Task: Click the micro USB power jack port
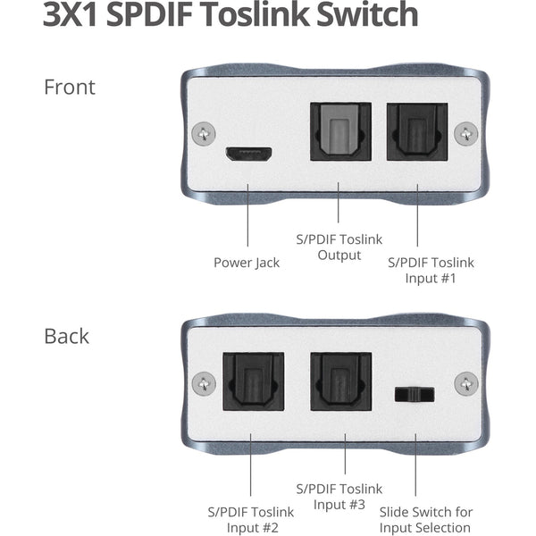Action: tap(248, 155)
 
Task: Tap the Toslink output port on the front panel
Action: tap(340, 131)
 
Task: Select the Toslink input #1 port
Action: tap(417, 131)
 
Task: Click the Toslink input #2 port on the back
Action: tap(254, 381)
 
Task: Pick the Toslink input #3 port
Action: tap(341, 381)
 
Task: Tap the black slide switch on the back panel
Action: tap(415, 395)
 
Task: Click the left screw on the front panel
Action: tap(204, 134)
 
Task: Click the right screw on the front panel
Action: tap(466, 134)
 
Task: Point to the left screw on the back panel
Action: tap(204, 383)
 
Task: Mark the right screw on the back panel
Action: tap(466, 383)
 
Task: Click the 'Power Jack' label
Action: tap(247, 263)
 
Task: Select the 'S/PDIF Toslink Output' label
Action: tap(339, 247)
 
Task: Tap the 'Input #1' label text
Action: tap(431, 278)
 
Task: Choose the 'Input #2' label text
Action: tap(252, 527)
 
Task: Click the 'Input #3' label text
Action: tap(339, 505)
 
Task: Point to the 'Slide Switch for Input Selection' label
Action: tap(426, 520)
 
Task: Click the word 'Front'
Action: tap(70, 88)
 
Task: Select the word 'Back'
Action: tap(67, 337)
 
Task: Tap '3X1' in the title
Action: tap(71, 14)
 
